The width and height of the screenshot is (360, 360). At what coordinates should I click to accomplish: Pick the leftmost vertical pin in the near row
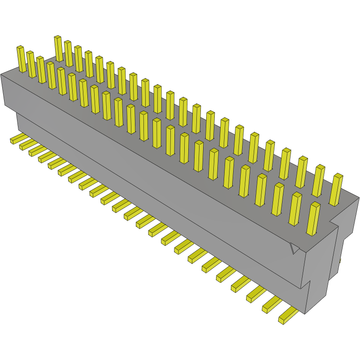pos(21,59)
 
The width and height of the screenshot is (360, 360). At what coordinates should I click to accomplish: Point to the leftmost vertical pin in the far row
pos(58,49)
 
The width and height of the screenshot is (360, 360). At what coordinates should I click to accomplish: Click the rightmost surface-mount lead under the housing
pos(287,316)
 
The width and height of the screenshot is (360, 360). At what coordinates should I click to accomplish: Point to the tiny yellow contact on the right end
pos(340,260)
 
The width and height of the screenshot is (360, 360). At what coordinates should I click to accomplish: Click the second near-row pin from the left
pos(31,64)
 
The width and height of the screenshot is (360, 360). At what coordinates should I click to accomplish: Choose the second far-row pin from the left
pos(68,54)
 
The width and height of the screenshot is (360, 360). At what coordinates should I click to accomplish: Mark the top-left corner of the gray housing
pos(1,74)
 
